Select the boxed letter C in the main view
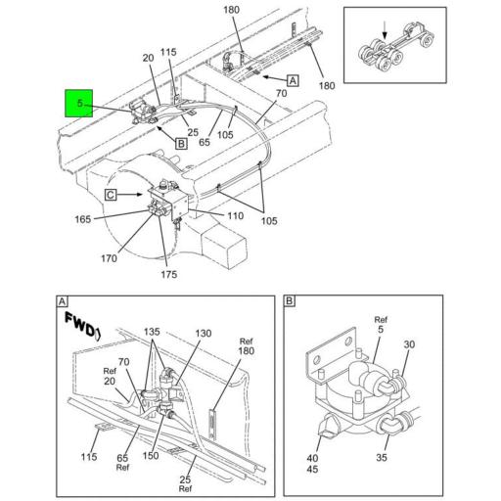112,195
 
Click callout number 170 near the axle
109,258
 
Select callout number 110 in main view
236,214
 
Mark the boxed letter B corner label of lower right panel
290,300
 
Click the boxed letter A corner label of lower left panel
62,300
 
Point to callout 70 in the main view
281,94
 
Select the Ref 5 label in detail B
380,323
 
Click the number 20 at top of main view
148,58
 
